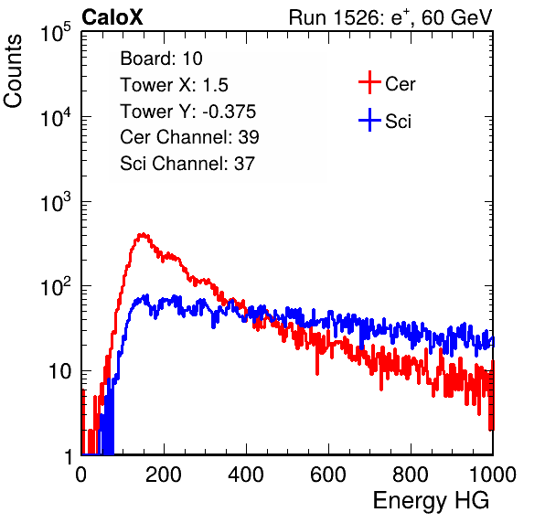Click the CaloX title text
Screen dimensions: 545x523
click(112, 17)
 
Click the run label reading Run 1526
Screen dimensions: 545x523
click(334, 17)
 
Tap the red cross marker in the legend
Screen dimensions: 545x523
click(369, 82)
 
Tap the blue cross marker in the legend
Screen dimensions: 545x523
click(369, 120)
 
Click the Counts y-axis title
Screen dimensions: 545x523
click(13, 71)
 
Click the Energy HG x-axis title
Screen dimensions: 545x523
click(431, 501)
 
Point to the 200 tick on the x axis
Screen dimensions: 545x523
click(164, 475)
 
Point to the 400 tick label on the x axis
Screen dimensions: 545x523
click(246, 475)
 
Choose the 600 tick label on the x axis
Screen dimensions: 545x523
click(328, 475)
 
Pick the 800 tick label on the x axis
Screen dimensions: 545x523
click(411, 475)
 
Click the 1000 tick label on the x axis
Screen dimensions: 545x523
click(493, 475)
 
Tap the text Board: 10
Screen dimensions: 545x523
click(161, 59)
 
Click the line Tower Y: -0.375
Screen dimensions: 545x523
click(188, 112)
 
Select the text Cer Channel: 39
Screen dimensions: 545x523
click(189, 137)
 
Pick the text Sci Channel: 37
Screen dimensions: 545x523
click(187, 164)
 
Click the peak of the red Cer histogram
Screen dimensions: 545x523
click(143, 235)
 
